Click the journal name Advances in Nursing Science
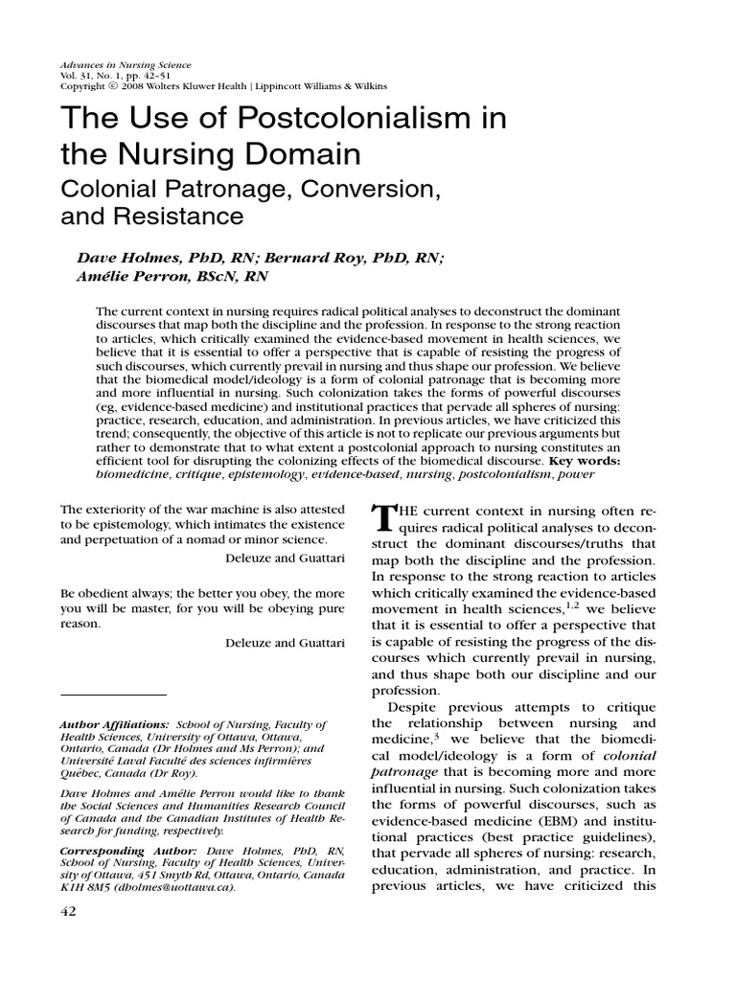point(126,65)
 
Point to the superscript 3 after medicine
point(431,736)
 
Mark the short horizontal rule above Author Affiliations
point(113,694)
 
